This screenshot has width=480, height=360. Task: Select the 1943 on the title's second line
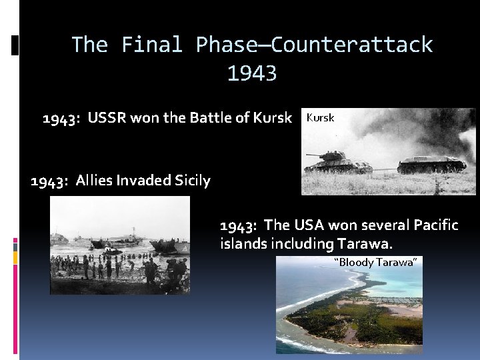(252, 73)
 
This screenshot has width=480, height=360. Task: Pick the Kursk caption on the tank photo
(320, 118)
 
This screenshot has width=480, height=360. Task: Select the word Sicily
(192, 181)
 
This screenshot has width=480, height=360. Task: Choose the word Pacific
(437, 225)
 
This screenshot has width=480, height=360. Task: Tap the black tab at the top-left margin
(15, 45)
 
